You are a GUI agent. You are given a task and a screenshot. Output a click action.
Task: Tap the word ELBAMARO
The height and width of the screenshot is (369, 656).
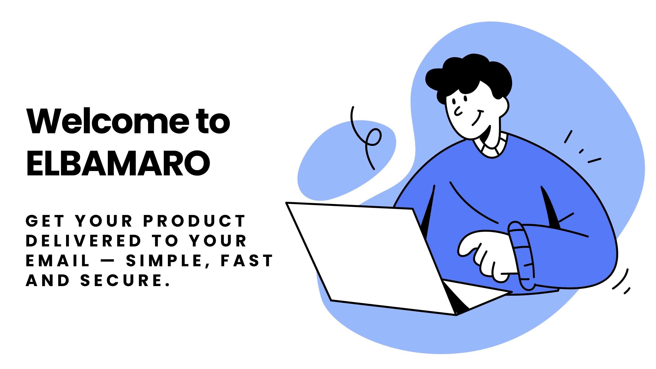pyautogui.click(x=118, y=163)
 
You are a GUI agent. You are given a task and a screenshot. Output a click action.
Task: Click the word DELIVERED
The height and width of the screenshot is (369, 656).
pyautogui.click(x=83, y=241)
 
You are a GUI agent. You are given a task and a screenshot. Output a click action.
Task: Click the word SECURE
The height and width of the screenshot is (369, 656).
pyautogui.click(x=125, y=280)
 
